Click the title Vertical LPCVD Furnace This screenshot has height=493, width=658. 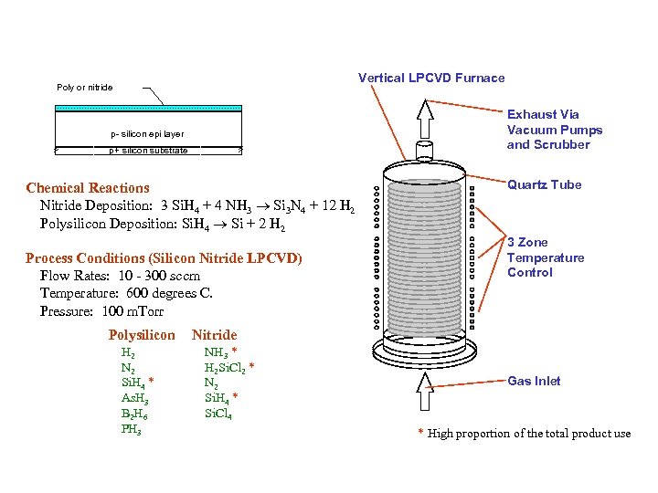tap(430, 78)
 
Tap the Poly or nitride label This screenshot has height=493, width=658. tap(85, 88)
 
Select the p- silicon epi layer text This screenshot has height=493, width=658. tap(147, 134)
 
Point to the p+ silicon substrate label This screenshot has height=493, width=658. tap(148, 151)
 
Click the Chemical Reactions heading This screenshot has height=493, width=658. tap(88, 188)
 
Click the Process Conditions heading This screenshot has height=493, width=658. tap(164, 258)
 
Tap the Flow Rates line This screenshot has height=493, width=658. tap(120, 276)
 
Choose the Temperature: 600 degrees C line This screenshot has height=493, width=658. tap(126, 293)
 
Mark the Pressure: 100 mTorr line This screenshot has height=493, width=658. tap(101, 310)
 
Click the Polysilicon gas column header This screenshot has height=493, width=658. tap(141, 335)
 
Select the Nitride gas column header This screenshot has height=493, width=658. tap(214, 335)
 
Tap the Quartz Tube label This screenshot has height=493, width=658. tap(544, 184)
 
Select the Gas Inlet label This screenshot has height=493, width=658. tap(534, 381)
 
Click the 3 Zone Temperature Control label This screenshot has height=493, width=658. tap(546, 257)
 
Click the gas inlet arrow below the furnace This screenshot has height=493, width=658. tap(426, 392)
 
